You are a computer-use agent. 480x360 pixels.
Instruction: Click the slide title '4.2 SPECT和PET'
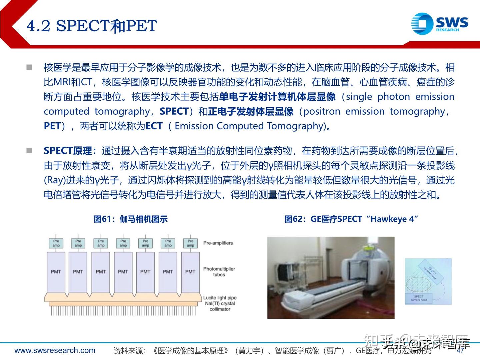pos(92,26)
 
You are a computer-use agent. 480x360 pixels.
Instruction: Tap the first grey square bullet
pos(29,67)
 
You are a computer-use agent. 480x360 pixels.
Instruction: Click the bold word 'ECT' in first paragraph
pos(154,126)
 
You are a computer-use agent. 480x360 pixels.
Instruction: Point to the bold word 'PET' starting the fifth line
pos(52,126)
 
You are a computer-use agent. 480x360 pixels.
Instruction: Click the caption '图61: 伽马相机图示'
pos(131,219)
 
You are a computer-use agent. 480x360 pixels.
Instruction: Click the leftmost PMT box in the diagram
pos(56,272)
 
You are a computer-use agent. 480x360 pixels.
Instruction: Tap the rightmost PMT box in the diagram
pos(190,272)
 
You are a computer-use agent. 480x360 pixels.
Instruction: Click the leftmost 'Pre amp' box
pos(56,243)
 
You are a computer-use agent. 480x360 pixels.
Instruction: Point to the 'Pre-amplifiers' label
pos(218,243)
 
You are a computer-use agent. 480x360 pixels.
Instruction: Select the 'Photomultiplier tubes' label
pos(219,272)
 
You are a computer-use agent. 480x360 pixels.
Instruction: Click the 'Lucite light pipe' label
pos(220,298)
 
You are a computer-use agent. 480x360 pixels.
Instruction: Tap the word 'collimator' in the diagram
pos(220,309)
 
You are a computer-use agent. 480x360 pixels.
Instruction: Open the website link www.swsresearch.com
pos(55,350)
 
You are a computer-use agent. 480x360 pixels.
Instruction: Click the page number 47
pos(460,350)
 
